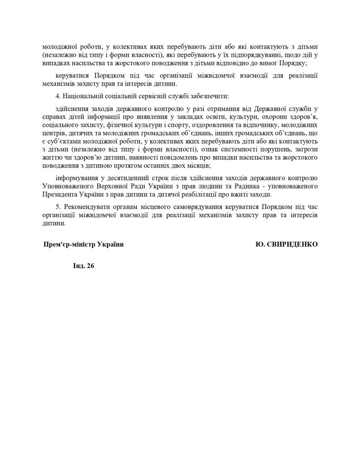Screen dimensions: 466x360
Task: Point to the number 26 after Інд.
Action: (x=90, y=267)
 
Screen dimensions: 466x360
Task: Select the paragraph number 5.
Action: (x=56, y=207)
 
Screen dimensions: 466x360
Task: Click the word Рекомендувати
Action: (x=85, y=207)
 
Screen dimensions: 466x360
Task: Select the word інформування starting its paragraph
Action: (x=76, y=177)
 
